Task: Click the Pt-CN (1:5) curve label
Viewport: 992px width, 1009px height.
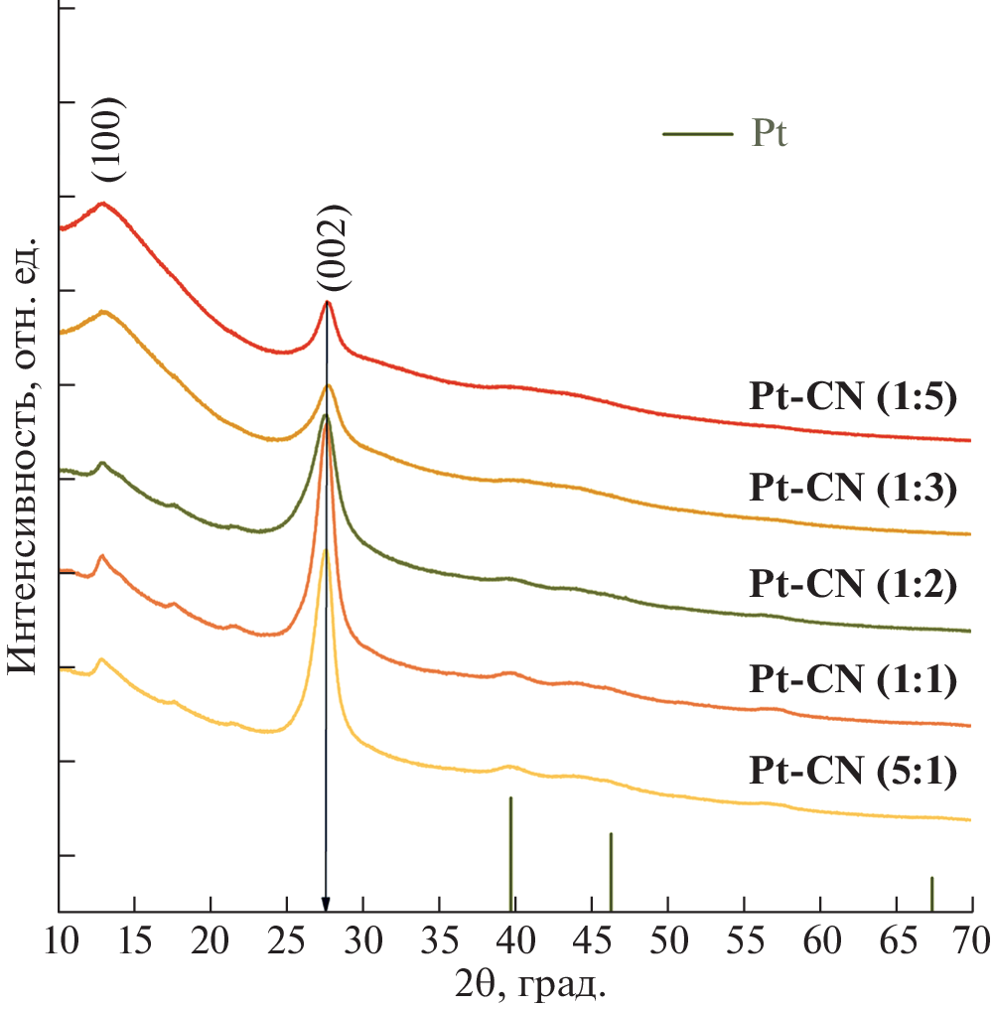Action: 851,398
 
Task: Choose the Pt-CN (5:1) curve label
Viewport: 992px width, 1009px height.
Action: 851,772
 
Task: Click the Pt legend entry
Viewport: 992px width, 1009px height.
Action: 726,134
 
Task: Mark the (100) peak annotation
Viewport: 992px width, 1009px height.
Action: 109,139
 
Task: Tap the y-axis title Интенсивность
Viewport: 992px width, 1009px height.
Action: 24,457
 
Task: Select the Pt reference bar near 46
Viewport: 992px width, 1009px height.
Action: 611,871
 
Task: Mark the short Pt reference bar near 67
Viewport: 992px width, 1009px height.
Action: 931,893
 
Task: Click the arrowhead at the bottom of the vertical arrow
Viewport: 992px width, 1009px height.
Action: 326,901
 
